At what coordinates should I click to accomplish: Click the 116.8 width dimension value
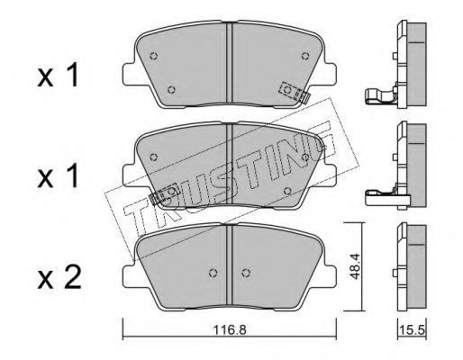pos(230,330)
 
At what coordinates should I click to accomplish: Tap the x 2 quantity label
pos(59,279)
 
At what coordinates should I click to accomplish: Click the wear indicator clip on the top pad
pos(295,93)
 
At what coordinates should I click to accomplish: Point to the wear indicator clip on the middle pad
pos(165,194)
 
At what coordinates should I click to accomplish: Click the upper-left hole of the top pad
pos(154,56)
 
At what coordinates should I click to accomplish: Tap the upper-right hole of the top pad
pos(305,56)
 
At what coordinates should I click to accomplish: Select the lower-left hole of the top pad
pos(171,89)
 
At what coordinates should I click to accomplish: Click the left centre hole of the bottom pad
pos(213,273)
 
